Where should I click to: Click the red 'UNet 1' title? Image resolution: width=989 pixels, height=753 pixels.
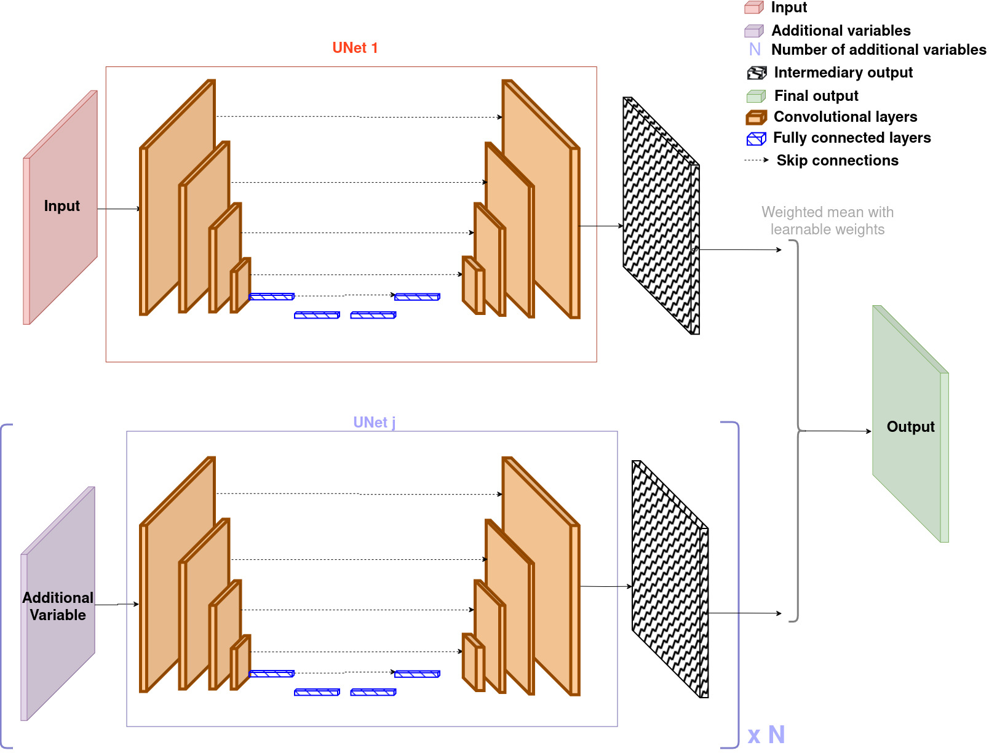[355, 48]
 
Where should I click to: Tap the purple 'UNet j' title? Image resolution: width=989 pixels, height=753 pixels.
[374, 422]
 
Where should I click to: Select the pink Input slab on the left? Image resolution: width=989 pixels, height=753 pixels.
[60, 207]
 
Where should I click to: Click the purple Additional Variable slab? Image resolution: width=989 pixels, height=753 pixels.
[58, 604]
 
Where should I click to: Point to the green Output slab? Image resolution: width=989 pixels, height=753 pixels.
[910, 424]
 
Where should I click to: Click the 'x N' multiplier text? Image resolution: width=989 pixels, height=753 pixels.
[766, 735]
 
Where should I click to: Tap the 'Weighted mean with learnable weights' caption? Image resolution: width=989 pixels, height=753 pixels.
[827, 220]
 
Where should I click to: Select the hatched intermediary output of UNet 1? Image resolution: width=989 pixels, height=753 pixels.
[661, 215]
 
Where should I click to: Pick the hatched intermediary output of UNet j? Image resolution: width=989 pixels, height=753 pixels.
[670, 579]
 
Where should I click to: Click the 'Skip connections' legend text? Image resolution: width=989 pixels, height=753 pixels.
[837, 161]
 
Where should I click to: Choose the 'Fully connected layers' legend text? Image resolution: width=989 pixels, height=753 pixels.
[852, 137]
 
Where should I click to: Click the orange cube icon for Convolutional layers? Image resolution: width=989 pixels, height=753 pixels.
[756, 117]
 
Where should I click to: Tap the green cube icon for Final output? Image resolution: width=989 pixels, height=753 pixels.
[756, 96]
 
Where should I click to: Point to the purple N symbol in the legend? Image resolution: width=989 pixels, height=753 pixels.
[755, 50]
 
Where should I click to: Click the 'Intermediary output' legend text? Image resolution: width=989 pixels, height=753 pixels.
[843, 73]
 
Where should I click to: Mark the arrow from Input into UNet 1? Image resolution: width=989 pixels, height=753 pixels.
[119, 209]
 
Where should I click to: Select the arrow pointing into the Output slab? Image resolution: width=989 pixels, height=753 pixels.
[838, 431]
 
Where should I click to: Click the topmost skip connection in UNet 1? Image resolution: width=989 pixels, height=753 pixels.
[359, 117]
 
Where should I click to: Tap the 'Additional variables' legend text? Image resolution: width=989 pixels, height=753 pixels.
[841, 30]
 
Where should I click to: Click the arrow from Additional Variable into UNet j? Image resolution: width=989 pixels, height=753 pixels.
[117, 604]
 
